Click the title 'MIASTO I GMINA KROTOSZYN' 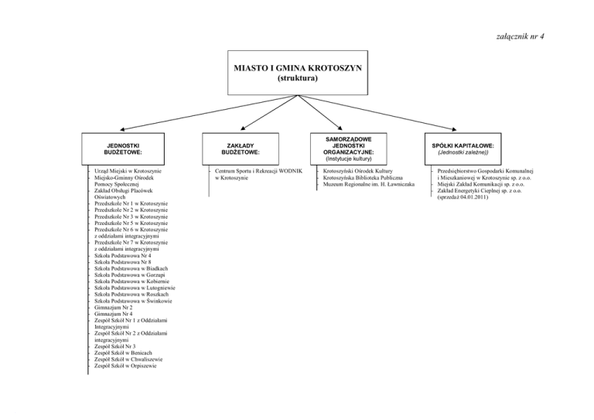pyautogui.click(x=298, y=68)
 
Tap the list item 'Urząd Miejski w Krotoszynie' pyautogui.click(x=128, y=170)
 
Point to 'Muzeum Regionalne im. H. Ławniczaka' pyautogui.click(x=368, y=184)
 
